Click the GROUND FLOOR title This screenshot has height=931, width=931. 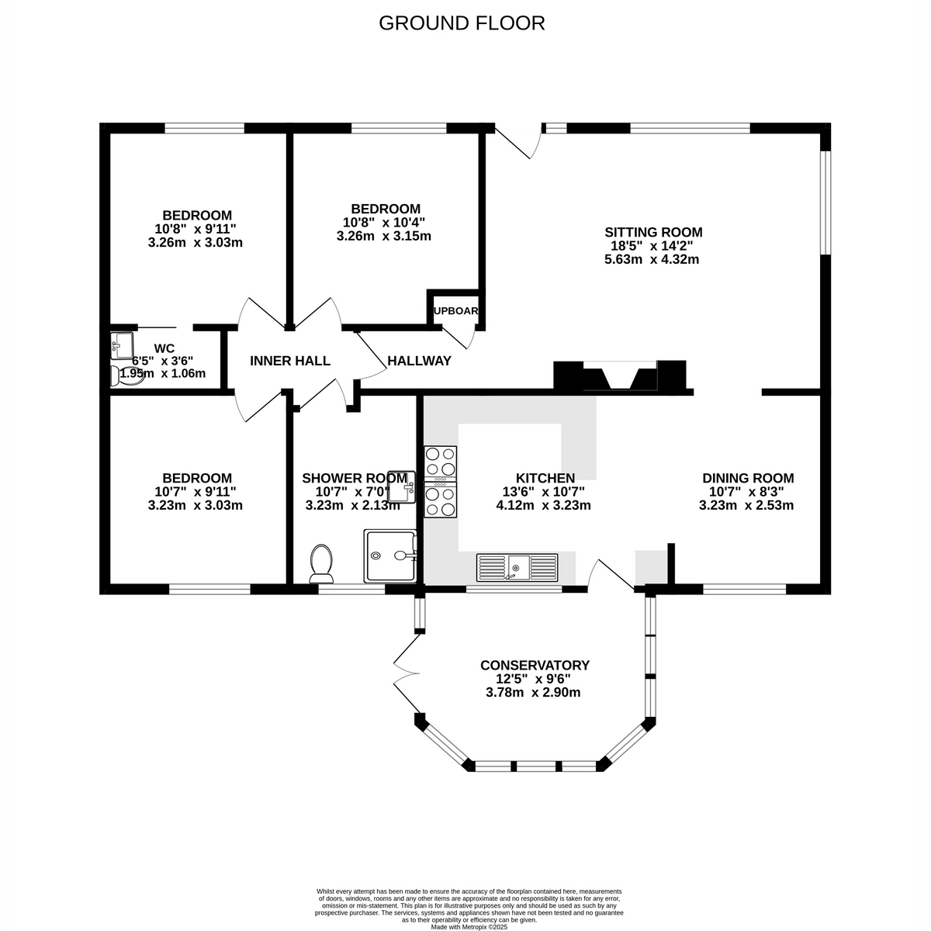pos(462,23)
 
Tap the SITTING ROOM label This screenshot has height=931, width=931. pos(653,232)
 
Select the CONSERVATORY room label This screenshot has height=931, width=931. pos(535,665)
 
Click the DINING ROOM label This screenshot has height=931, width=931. pos(748,478)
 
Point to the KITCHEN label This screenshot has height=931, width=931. pos(545,478)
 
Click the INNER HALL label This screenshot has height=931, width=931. pos(290,361)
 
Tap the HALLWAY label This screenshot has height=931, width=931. pos(419,361)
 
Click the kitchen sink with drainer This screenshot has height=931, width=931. pos(517,567)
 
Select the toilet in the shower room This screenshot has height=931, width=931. pos(321,562)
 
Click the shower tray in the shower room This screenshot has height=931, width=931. pos(391,556)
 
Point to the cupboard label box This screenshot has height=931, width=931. pos(456,310)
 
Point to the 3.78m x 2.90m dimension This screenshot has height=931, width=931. pos(535,692)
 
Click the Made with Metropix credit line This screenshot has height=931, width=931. pos(469,926)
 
